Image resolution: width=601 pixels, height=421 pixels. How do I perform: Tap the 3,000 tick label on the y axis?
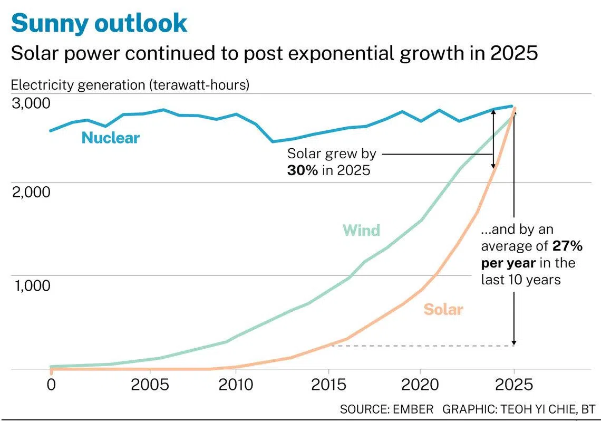pos(31,103)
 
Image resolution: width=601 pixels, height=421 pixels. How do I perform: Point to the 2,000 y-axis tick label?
pos(31,192)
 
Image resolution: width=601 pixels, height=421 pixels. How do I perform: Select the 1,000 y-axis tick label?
pos(31,285)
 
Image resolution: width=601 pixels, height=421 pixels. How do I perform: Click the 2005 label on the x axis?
pos(150,384)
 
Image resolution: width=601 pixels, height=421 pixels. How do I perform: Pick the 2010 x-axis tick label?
pos(235,384)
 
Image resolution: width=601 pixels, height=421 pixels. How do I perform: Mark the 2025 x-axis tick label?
pos(514,384)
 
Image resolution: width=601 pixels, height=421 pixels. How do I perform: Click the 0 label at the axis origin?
pos(51,384)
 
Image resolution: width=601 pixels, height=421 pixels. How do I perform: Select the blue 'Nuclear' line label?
pos(110,138)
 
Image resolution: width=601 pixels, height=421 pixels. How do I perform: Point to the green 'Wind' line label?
pos(361,231)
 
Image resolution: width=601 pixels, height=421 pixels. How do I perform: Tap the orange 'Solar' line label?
pos(443,310)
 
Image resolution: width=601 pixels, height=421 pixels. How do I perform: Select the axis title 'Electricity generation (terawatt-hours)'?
pos(130,85)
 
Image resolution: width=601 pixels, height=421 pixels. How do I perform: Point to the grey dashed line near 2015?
pos(422,346)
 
